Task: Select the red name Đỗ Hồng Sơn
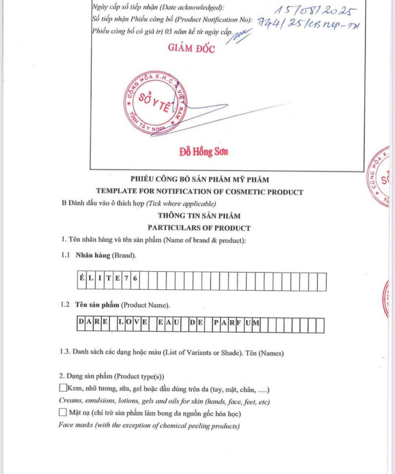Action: tap(203, 152)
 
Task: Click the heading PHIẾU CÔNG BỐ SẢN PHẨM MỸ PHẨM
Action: tap(199, 180)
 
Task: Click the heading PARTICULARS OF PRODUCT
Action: tap(199, 228)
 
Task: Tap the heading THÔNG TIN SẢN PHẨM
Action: tap(199, 216)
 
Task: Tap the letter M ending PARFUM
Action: tap(256, 324)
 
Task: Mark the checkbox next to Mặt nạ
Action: tap(63, 412)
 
